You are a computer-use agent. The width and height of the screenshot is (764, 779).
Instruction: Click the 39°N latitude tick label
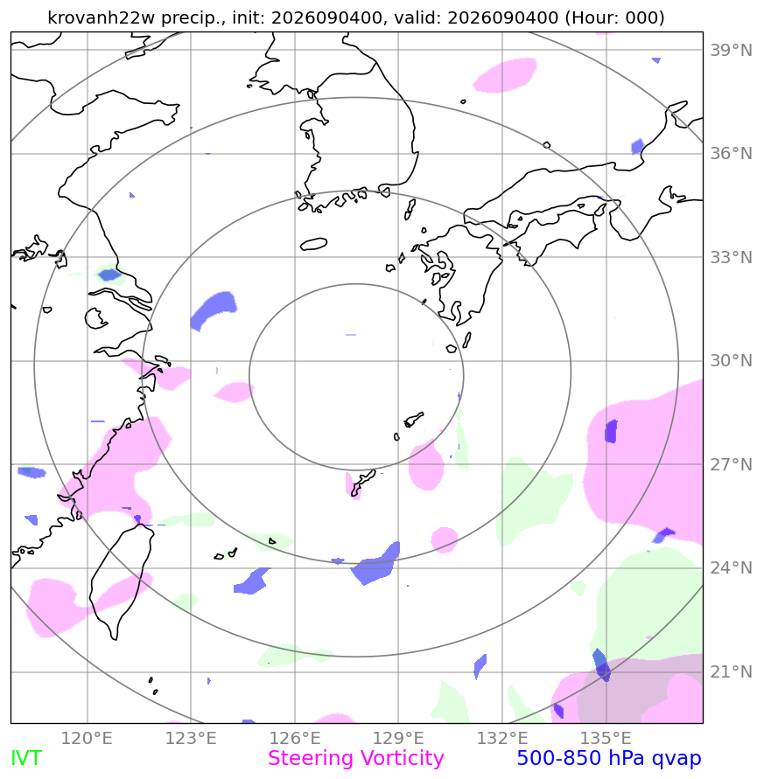pos(731,50)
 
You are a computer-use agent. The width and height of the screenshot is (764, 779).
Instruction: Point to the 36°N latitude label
pos(731,154)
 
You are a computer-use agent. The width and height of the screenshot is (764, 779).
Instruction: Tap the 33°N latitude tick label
pos(731,257)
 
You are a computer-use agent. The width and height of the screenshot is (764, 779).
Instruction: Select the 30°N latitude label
pos(731,361)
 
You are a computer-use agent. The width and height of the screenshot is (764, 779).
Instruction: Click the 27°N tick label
pos(731,464)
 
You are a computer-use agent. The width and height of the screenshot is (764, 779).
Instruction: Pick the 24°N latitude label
pos(731,567)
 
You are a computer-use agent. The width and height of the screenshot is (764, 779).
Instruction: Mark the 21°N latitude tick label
pos(731,671)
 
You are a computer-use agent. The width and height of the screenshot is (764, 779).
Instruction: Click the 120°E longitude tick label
pos(87,738)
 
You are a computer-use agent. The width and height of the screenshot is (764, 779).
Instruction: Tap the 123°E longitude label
pos(191,738)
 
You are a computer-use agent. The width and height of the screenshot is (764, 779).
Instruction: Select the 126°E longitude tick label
pos(295,738)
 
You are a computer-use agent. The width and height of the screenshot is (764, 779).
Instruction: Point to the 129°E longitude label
pos(398,738)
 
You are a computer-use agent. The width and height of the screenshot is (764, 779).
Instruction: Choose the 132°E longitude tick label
pos(502,738)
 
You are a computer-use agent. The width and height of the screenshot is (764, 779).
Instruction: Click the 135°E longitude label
pos(606,738)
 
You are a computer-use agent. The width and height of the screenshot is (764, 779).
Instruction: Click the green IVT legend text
pos(26,759)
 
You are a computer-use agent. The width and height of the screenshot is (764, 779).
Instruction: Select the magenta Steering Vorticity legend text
pos(355,759)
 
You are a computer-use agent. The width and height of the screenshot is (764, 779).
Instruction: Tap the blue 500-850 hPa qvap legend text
pos(609,759)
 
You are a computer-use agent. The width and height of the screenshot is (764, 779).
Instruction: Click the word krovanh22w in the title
pos(102,17)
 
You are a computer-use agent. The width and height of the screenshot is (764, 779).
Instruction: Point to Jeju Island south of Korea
pos(314,244)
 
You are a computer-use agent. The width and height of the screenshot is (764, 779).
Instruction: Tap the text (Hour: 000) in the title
pos(614,17)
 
